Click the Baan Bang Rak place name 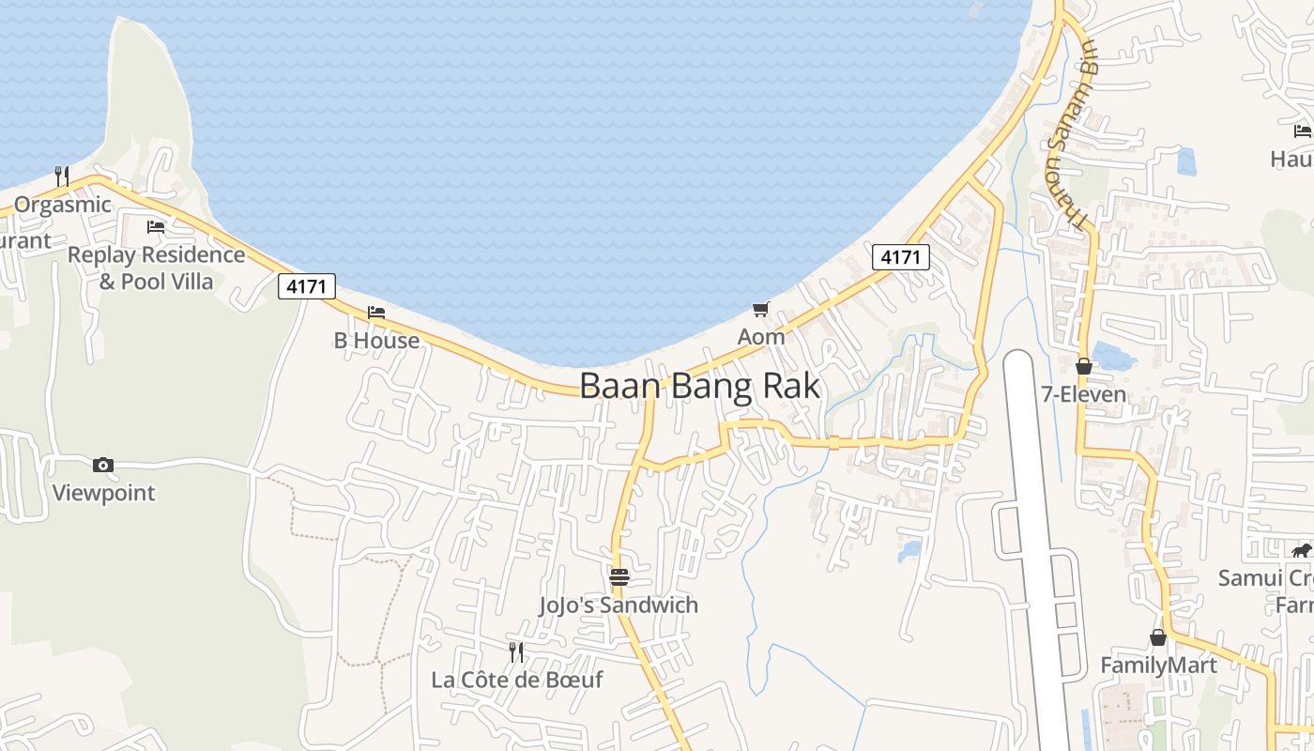[699, 386]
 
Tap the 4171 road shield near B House [307, 286]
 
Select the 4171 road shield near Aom [901, 256]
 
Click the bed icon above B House [376, 313]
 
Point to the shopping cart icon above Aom [761, 309]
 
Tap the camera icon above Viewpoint [103, 465]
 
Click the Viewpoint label [103, 493]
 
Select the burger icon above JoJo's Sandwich [619, 576]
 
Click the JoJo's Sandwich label [619, 605]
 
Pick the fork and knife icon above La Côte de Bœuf [516, 651]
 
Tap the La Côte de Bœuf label [516, 680]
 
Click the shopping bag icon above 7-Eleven [1084, 366]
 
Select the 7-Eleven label [1084, 394]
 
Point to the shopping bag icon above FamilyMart [1158, 637]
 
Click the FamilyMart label [1158, 666]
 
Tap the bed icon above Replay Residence [156, 227]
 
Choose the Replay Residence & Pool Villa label [156, 268]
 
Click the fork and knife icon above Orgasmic [62, 176]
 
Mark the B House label [376, 341]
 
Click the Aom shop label [761, 336]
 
